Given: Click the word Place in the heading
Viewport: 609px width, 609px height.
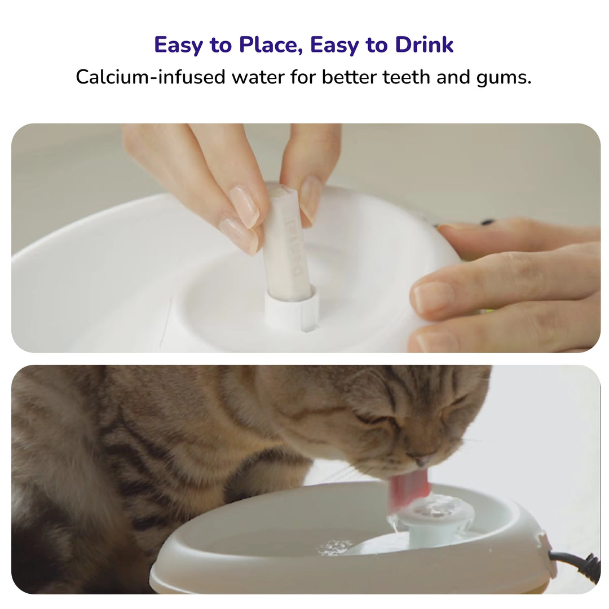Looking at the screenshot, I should [x=265, y=45].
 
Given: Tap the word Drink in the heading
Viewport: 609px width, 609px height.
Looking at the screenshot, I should [x=424, y=45].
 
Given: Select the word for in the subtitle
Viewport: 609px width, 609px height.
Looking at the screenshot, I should [x=303, y=77].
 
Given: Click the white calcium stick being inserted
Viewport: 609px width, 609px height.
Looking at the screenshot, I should [x=288, y=248].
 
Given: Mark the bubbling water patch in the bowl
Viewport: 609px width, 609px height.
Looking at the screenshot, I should [x=335, y=546].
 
